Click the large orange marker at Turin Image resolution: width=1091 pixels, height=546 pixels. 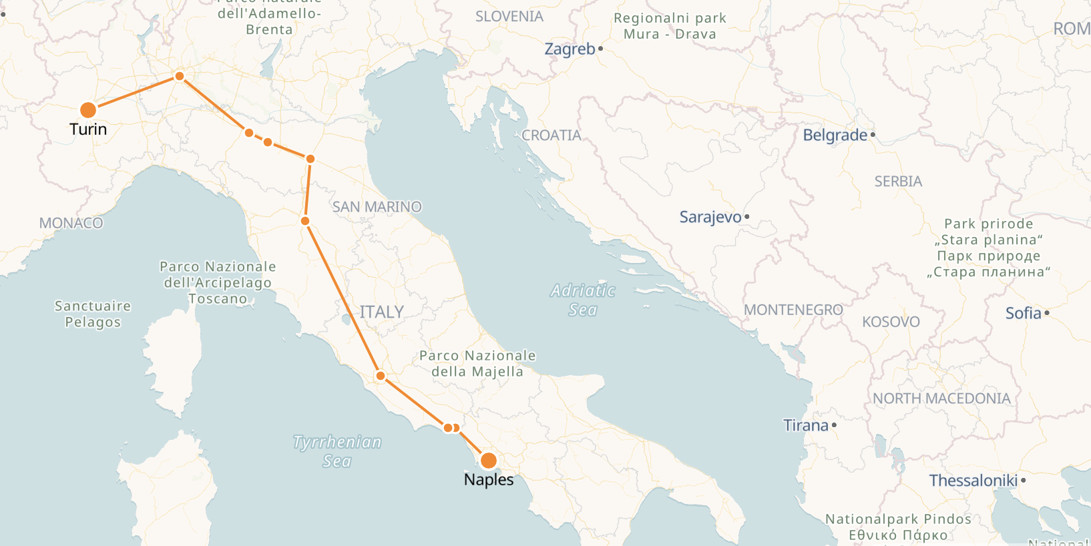87,110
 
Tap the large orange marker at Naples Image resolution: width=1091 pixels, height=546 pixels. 489,461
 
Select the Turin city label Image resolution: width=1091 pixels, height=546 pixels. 88,129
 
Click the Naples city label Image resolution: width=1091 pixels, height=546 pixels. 489,480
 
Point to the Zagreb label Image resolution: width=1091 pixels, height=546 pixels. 570,49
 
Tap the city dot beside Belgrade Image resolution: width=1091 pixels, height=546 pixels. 873,135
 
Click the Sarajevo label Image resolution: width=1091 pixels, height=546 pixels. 710,218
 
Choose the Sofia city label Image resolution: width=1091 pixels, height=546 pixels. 1023,313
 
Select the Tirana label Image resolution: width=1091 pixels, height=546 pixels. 805,426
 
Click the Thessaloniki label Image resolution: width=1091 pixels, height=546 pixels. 973,481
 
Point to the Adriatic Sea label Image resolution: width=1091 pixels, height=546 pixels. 583,300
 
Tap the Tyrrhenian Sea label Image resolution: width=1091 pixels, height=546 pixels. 337,451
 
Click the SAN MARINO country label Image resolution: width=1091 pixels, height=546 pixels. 377,207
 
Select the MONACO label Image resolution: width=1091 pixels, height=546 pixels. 71,223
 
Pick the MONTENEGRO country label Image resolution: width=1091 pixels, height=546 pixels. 793,310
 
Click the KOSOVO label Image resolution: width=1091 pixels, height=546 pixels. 891,322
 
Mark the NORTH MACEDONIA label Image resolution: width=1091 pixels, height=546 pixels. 941,398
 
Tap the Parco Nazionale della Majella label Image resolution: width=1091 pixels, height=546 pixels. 477,364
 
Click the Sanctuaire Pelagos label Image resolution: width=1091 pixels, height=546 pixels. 93,314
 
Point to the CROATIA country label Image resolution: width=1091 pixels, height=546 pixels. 551,135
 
